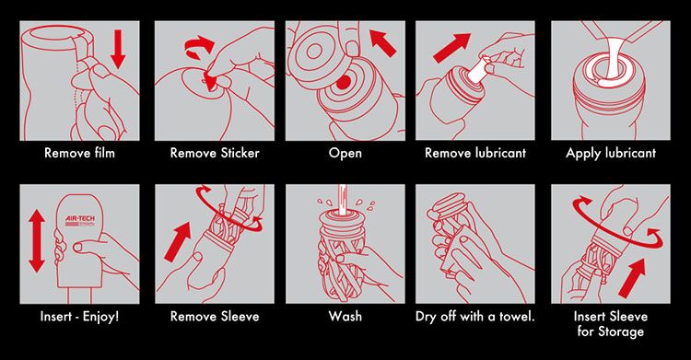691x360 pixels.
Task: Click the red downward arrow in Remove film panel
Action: click(118, 49)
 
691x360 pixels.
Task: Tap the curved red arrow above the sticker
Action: click(199, 47)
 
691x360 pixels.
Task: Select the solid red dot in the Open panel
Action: click(344, 82)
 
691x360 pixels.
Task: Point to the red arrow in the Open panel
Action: click(383, 42)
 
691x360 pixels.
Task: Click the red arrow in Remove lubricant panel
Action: click(451, 48)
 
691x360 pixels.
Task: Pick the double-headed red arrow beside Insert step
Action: click(37, 240)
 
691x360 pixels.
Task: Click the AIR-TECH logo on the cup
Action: click(80, 221)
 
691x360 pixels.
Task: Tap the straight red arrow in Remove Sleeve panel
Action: click(177, 242)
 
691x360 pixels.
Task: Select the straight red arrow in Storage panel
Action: click(631, 278)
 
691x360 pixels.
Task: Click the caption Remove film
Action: click(80, 153)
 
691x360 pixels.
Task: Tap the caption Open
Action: click(345, 154)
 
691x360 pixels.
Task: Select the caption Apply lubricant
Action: click(611, 154)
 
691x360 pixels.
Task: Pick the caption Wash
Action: click(345, 317)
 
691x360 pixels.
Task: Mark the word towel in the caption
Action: click(517, 317)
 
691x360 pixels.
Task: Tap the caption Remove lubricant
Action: click(475, 153)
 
